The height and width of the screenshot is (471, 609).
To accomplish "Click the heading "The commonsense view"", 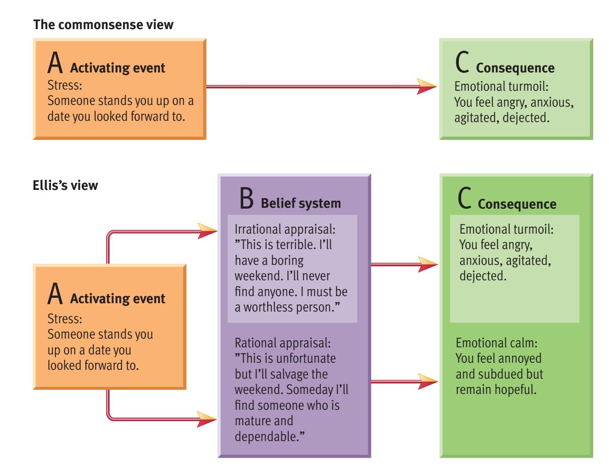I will pos(103,25).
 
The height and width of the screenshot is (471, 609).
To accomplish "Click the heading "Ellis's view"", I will pos(65,185).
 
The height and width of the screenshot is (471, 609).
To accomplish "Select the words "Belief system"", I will pos(301,203).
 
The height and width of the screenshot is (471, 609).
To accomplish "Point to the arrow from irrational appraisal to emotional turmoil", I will pos(404,264).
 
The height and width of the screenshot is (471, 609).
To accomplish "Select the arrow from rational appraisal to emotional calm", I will pos(404,381).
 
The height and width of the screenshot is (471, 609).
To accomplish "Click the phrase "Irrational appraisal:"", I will pos(285,229).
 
